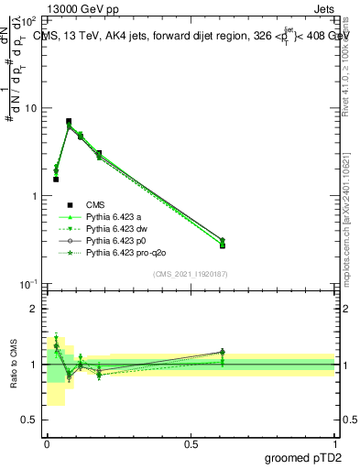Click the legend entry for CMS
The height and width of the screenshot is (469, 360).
pos(94,204)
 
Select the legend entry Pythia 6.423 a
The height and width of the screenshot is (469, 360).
pos(115,216)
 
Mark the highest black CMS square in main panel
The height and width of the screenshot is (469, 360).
pos(69,121)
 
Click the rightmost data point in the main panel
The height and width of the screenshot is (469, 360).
pos(223,244)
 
